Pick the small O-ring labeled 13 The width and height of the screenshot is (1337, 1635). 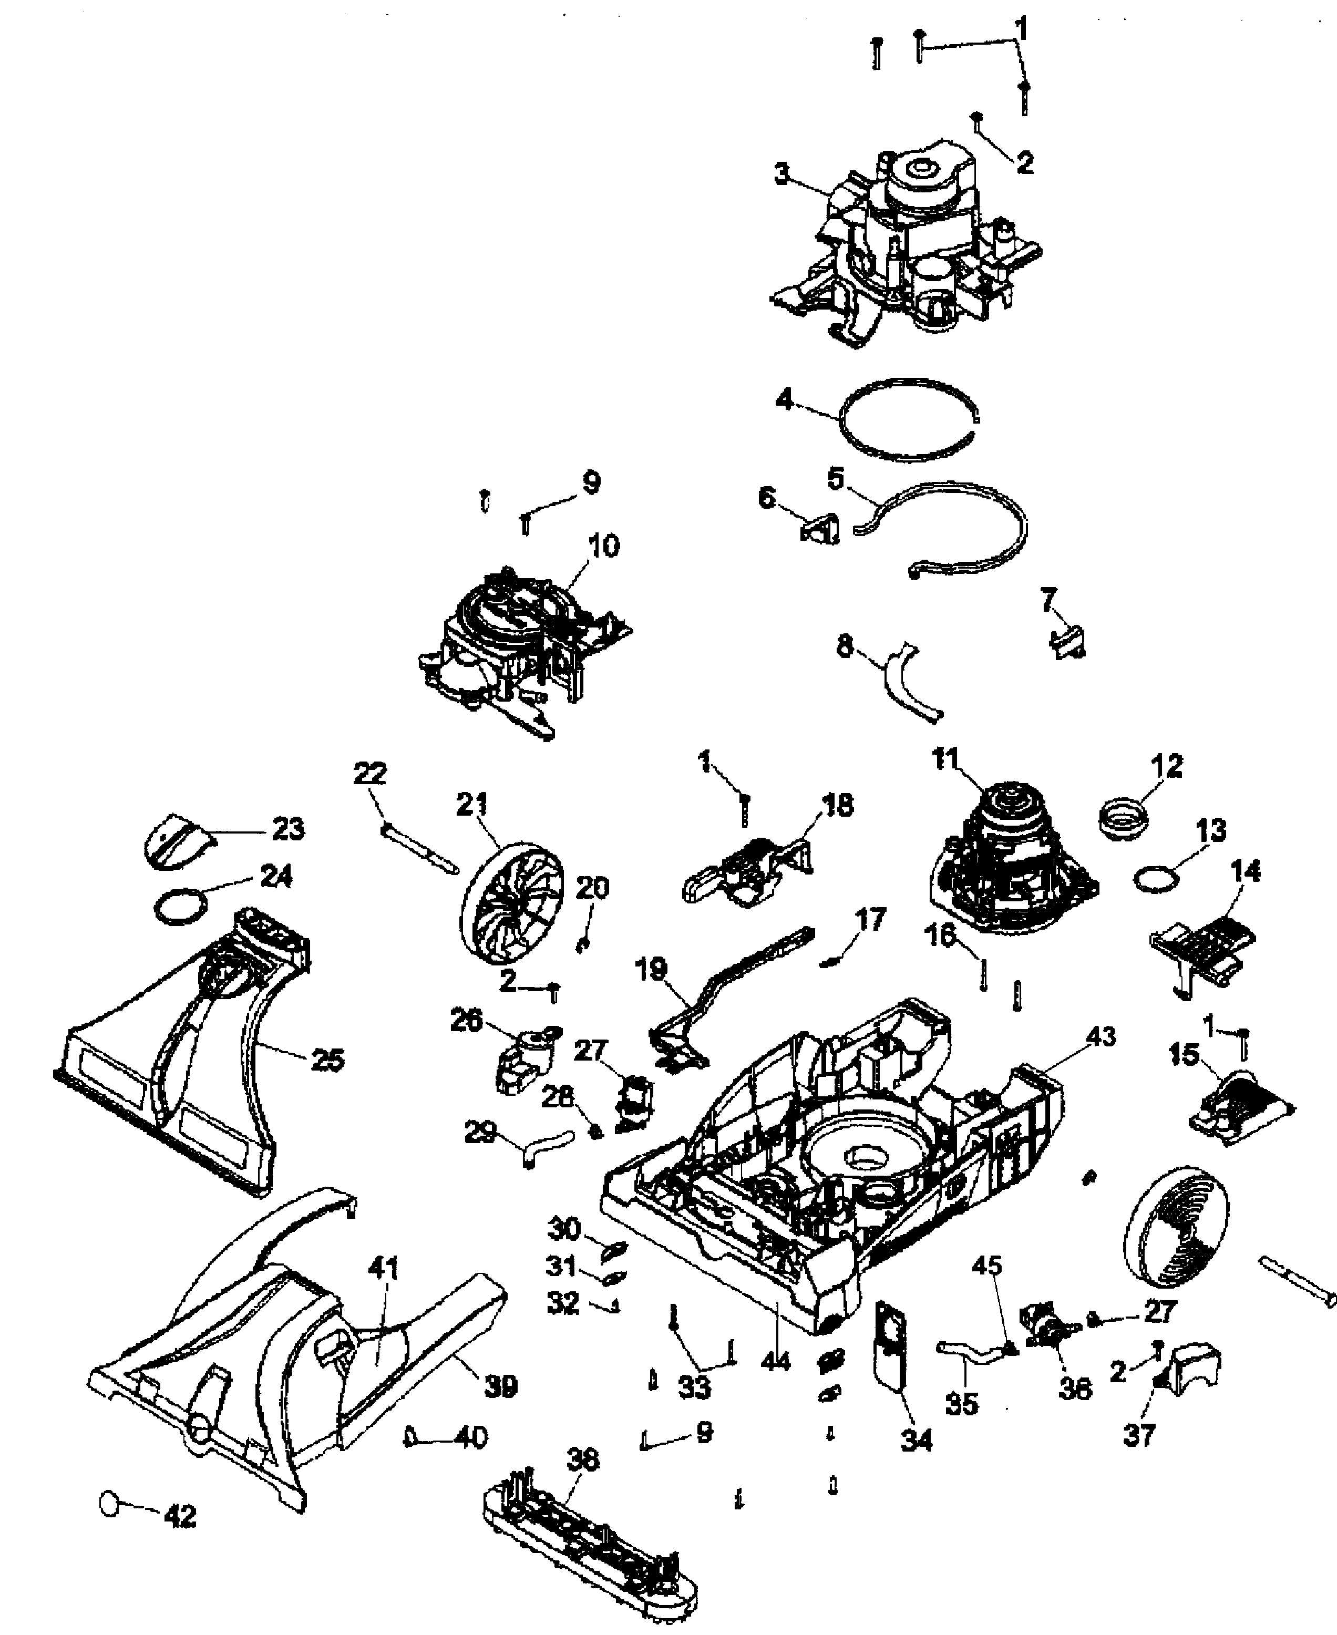click(x=1157, y=879)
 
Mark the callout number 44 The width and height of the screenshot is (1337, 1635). click(x=776, y=1361)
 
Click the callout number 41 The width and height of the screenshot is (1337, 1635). click(x=384, y=1268)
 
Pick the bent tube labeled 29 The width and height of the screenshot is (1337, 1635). click(x=546, y=1147)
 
